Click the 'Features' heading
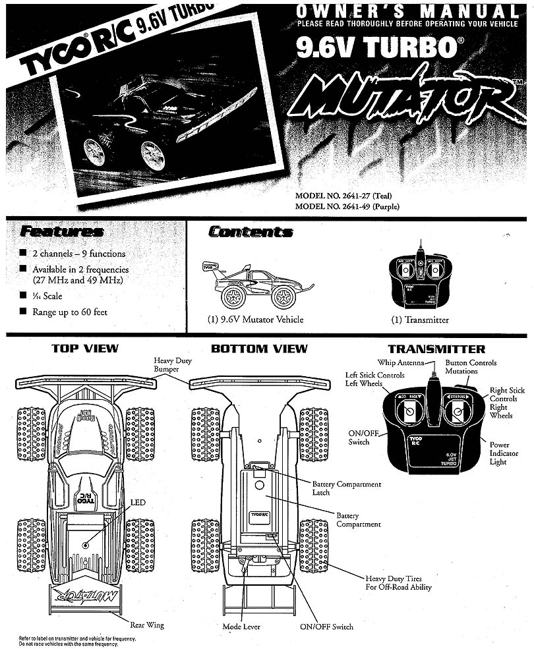[61, 232]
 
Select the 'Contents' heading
[251, 232]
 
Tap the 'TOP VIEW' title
[85, 349]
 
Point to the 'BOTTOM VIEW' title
[259, 349]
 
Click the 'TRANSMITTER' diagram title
[436, 349]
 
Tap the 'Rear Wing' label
[146, 625]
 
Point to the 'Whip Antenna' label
[400, 362]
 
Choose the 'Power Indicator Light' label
[504, 453]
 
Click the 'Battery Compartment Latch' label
[346, 488]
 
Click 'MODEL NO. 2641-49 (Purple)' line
[347, 206]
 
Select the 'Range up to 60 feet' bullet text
[69, 312]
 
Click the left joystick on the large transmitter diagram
[409, 413]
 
